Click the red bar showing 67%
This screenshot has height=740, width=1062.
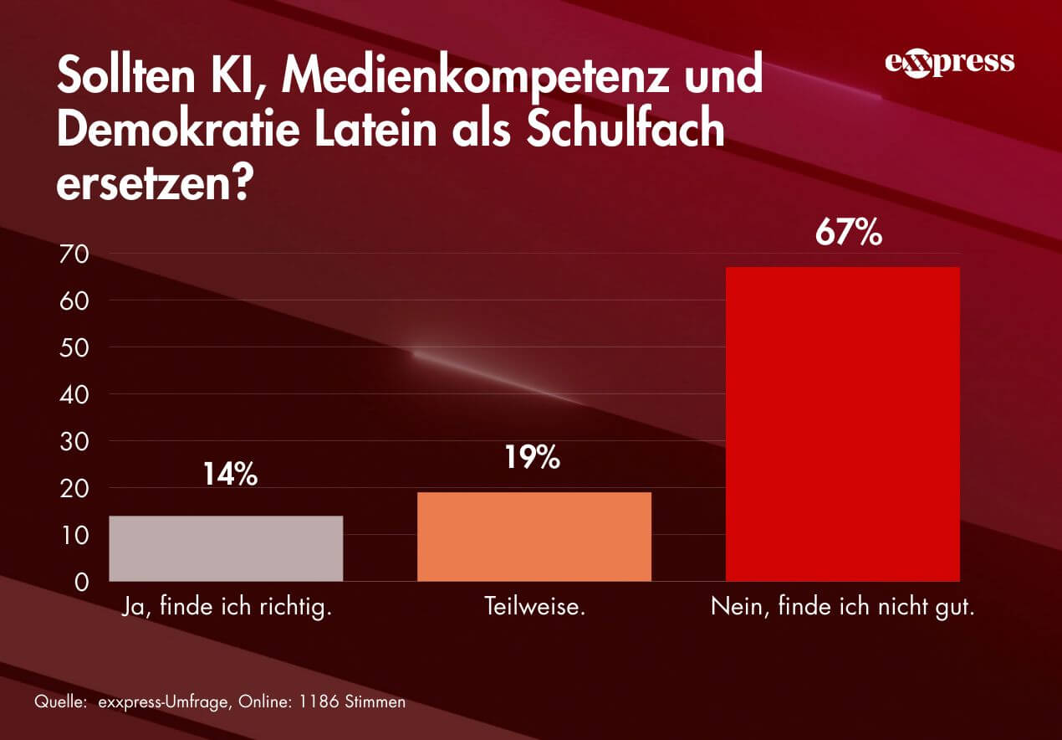[x=842, y=424]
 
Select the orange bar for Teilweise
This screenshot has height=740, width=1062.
[x=534, y=537]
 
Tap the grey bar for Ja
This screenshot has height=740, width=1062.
[x=226, y=548]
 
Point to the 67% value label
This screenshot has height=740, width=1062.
[x=849, y=234]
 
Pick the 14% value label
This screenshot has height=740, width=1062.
[x=229, y=475]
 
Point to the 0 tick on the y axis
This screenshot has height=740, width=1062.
[x=81, y=582]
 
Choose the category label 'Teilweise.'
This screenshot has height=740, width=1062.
[x=534, y=606]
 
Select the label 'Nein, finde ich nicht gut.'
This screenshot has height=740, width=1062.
[x=843, y=606]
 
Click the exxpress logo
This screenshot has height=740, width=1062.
[x=949, y=63]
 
